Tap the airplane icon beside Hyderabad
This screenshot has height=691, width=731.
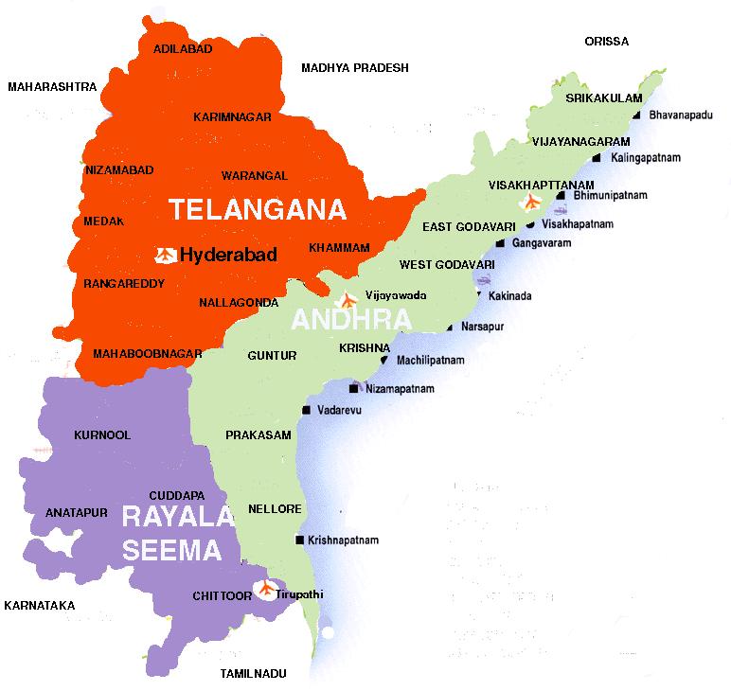click(165, 254)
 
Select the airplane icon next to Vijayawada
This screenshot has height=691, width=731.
click(348, 299)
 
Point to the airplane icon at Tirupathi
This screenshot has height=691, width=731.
click(268, 589)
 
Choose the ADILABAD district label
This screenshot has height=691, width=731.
click(169, 48)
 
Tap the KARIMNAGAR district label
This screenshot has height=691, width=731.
click(232, 117)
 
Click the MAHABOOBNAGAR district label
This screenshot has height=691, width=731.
click(148, 354)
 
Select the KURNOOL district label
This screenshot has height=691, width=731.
click(102, 435)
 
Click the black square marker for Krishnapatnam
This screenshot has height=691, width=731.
click(300, 540)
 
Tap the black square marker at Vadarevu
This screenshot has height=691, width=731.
click(305, 411)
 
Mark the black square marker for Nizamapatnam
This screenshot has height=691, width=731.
click(353, 389)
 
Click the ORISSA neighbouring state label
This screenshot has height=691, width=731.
click(607, 42)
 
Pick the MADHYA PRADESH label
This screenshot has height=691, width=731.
click(355, 68)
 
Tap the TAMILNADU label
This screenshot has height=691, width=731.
click(252, 675)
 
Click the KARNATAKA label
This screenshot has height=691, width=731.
click(39, 605)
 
